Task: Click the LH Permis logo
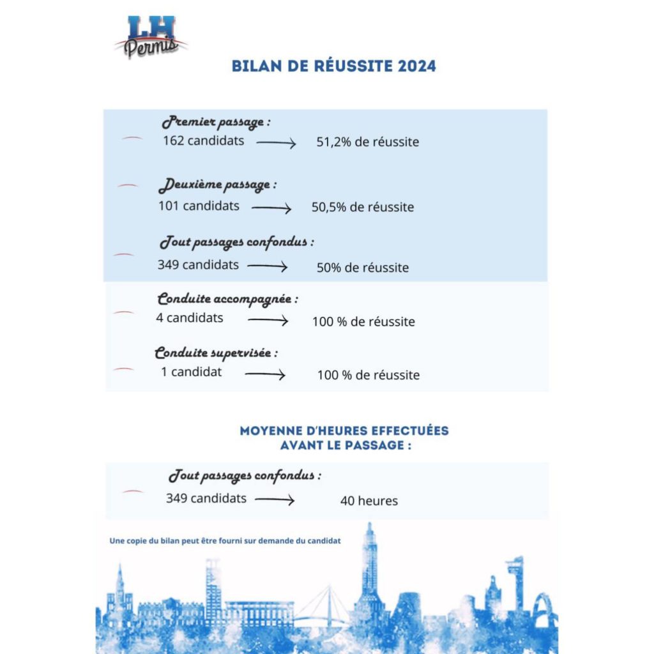[x=151, y=36]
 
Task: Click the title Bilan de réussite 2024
[x=333, y=66]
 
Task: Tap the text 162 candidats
[x=203, y=141]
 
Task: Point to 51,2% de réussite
[x=368, y=142]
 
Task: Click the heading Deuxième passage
[x=217, y=186]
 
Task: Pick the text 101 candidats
[x=199, y=206]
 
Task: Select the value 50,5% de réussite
[x=363, y=207]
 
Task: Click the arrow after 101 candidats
[x=271, y=208]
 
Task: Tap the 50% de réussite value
[x=363, y=268]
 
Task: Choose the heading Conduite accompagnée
[x=227, y=299]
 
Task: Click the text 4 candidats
[x=190, y=317]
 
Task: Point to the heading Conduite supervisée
[x=217, y=353]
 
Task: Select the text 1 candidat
[x=192, y=371]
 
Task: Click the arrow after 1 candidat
[x=265, y=375]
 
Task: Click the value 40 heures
[x=369, y=501]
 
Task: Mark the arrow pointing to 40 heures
[x=275, y=501]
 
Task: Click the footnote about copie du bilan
[x=225, y=540]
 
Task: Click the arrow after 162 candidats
[x=276, y=144]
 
